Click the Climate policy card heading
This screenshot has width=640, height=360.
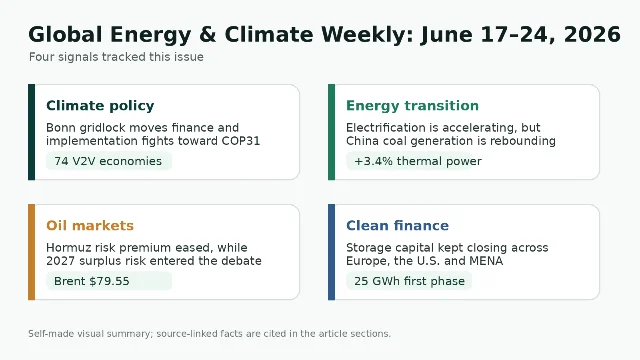coord(100,106)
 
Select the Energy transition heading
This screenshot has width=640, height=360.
coord(412,106)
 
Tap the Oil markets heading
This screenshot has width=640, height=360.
coord(90,225)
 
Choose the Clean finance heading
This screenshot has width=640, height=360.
coord(397,225)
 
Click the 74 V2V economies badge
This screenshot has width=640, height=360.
coord(109,161)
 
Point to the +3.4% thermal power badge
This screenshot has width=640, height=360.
coord(409,161)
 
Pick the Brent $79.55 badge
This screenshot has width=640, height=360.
coord(109,281)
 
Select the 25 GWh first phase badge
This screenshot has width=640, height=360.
coord(409,281)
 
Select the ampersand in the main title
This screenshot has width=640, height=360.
coord(207,34)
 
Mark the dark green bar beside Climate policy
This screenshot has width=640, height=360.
coord(31,132)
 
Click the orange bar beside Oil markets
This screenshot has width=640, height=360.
coord(31,252)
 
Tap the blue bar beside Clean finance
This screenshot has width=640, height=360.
coord(331,252)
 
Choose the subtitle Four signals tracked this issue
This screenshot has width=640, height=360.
coord(116,57)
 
